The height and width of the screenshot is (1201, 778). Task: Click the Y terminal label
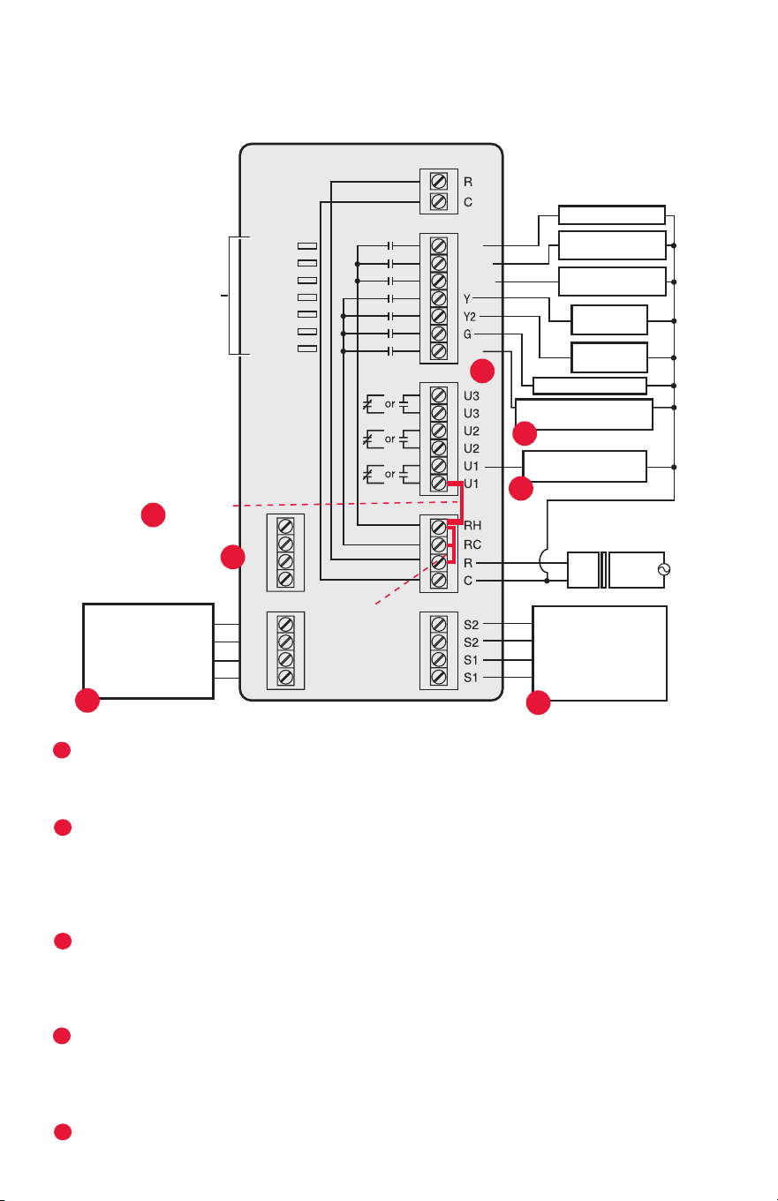click(467, 298)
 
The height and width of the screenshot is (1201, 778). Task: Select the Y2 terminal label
click(470, 317)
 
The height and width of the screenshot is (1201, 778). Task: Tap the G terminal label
click(467, 334)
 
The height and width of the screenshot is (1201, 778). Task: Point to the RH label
click(472, 525)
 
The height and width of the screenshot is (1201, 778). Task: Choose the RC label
click(472, 544)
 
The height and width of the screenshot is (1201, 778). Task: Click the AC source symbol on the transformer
click(664, 570)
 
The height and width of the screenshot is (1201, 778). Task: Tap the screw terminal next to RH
click(439, 527)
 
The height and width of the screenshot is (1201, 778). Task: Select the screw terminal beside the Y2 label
click(439, 316)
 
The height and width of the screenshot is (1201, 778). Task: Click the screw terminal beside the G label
click(439, 334)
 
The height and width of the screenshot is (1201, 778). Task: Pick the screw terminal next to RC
click(439, 544)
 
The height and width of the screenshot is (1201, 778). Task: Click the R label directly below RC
click(468, 564)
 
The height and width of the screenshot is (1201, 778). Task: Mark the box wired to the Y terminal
click(609, 320)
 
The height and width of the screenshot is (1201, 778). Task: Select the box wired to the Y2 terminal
click(609, 357)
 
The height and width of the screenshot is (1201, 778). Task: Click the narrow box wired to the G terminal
click(590, 386)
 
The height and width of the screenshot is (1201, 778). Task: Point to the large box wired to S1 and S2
click(600, 653)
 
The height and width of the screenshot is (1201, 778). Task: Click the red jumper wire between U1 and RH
click(460, 502)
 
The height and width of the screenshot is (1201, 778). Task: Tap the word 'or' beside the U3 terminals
click(390, 404)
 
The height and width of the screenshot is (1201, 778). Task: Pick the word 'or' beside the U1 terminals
click(390, 474)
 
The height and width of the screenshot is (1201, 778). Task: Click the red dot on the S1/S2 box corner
click(538, 703)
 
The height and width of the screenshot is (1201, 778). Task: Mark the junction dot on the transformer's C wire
click(547, 581)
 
